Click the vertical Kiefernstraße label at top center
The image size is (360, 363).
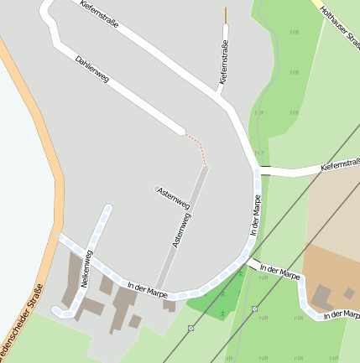point(224,62)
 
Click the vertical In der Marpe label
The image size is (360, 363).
point(257,214)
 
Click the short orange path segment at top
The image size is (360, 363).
point(225,14)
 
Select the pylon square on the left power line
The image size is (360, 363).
point(191,328)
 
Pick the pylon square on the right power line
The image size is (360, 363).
point(254,309)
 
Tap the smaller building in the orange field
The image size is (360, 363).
point(349,293)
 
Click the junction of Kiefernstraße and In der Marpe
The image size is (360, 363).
point(258,170)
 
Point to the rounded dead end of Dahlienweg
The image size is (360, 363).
point(180,130)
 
